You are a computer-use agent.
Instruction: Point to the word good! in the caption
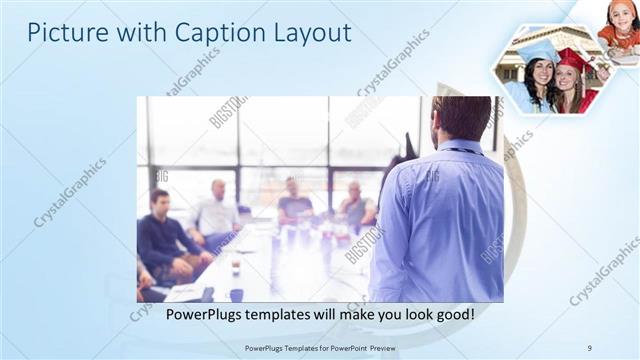point(454,315)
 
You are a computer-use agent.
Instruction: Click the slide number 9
point(588,347)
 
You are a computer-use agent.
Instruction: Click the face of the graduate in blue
point(540,73)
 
